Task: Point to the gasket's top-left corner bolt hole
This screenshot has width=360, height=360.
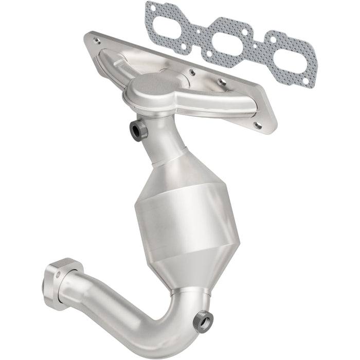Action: (x=152, y=8)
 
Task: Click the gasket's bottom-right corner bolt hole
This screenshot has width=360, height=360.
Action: (x=305, y=81)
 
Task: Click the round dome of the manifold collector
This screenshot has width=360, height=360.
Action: (x=154, y=83)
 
